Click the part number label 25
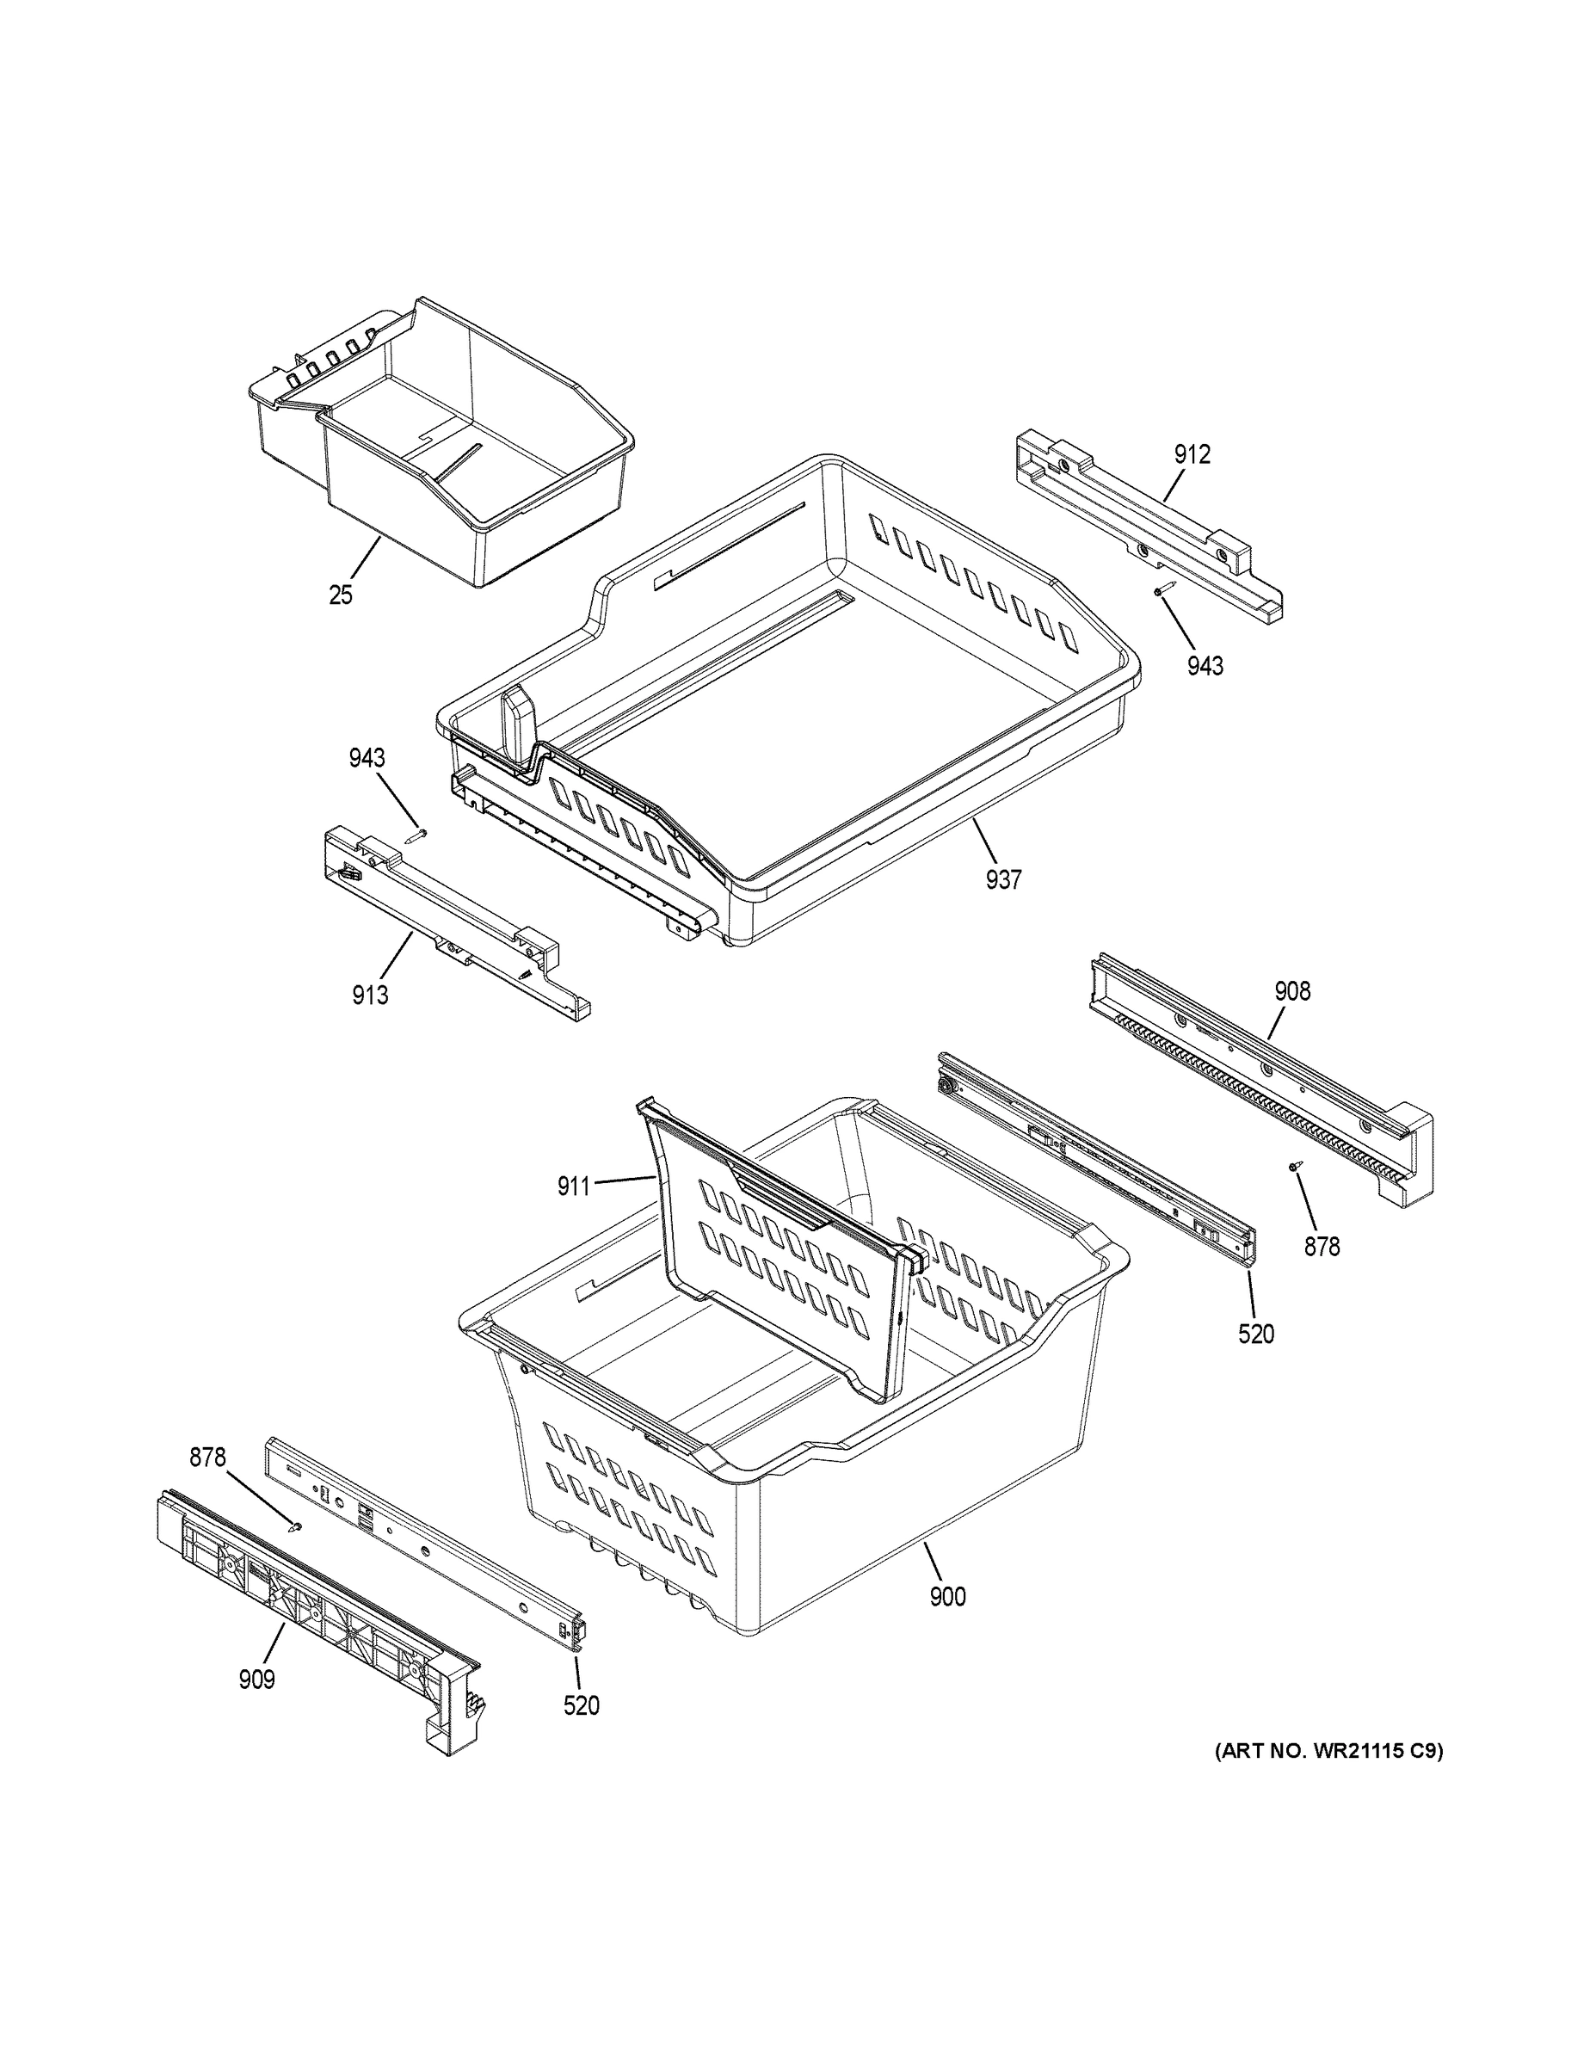341,595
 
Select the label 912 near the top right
1192,455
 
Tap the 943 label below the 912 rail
1205,666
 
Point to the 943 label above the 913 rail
366,757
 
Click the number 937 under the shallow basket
1002,879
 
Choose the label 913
370,995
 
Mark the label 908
1291,991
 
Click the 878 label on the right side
1322,1247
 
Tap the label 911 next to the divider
573,1186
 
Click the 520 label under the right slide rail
1255,1335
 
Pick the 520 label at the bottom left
581,1705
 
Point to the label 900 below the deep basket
946,1597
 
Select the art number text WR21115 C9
1328,1751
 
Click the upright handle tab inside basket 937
519,724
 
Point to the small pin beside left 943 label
417,834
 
